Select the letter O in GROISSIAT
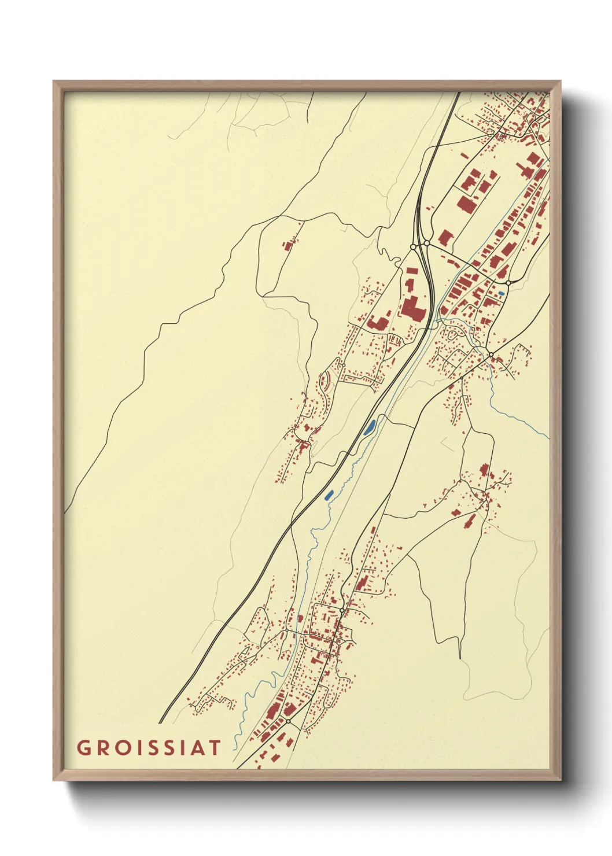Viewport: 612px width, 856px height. [123, 748]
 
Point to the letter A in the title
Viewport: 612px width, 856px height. [196, 748]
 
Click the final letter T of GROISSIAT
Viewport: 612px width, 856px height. [215, 748]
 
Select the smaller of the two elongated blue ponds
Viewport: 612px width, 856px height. [330, 495]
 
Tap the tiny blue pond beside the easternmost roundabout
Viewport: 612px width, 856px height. [501, 294]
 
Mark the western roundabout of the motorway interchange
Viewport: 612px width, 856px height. [413, 247]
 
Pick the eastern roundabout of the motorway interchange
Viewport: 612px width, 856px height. [426, 243]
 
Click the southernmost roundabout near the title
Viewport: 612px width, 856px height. [288, 721]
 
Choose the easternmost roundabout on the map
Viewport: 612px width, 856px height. [508, 283]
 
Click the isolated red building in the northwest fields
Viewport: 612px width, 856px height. [287, 245]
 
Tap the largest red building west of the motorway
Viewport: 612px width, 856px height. [414, 307]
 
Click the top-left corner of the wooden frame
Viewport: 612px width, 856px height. [54, 82]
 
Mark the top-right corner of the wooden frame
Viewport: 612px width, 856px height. [560, 82]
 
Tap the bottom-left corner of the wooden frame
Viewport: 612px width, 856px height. [54, 780]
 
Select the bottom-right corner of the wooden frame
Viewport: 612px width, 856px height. [560, 780]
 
